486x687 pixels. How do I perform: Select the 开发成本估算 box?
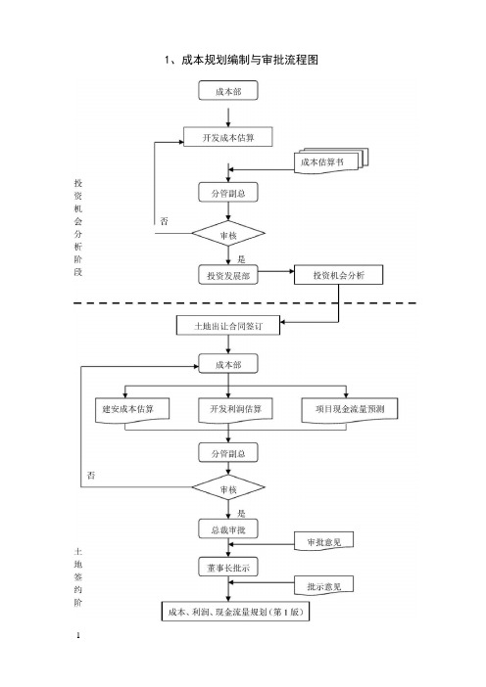click(228, 137)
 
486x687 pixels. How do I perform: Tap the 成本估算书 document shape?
click(331, 161)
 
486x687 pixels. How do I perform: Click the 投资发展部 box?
click(228, 275)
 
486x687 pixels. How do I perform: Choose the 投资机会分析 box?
click(339, 275)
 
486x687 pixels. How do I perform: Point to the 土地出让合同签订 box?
click(228, 326)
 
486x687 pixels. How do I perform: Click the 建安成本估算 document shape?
click(132, 410)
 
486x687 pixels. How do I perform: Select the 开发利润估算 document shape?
click(235, 410)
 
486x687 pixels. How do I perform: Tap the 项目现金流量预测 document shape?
click(350, 410)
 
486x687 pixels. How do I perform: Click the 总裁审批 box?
click(228, 529)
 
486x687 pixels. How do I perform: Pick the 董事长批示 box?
click(228, 568)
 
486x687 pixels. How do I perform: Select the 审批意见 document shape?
click(323, 542)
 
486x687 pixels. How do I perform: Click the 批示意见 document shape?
click(323, 586)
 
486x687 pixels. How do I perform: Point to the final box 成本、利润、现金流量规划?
click(235, 612)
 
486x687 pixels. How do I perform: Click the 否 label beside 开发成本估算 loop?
click(164, 221)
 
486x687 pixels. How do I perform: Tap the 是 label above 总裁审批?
click(241, 513)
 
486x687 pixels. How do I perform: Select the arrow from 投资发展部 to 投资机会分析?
click(276, 272)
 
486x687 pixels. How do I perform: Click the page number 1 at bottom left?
click(78, 635)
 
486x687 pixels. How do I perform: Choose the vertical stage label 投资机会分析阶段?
click(78, 227)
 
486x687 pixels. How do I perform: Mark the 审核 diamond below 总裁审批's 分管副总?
click(228, 487)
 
